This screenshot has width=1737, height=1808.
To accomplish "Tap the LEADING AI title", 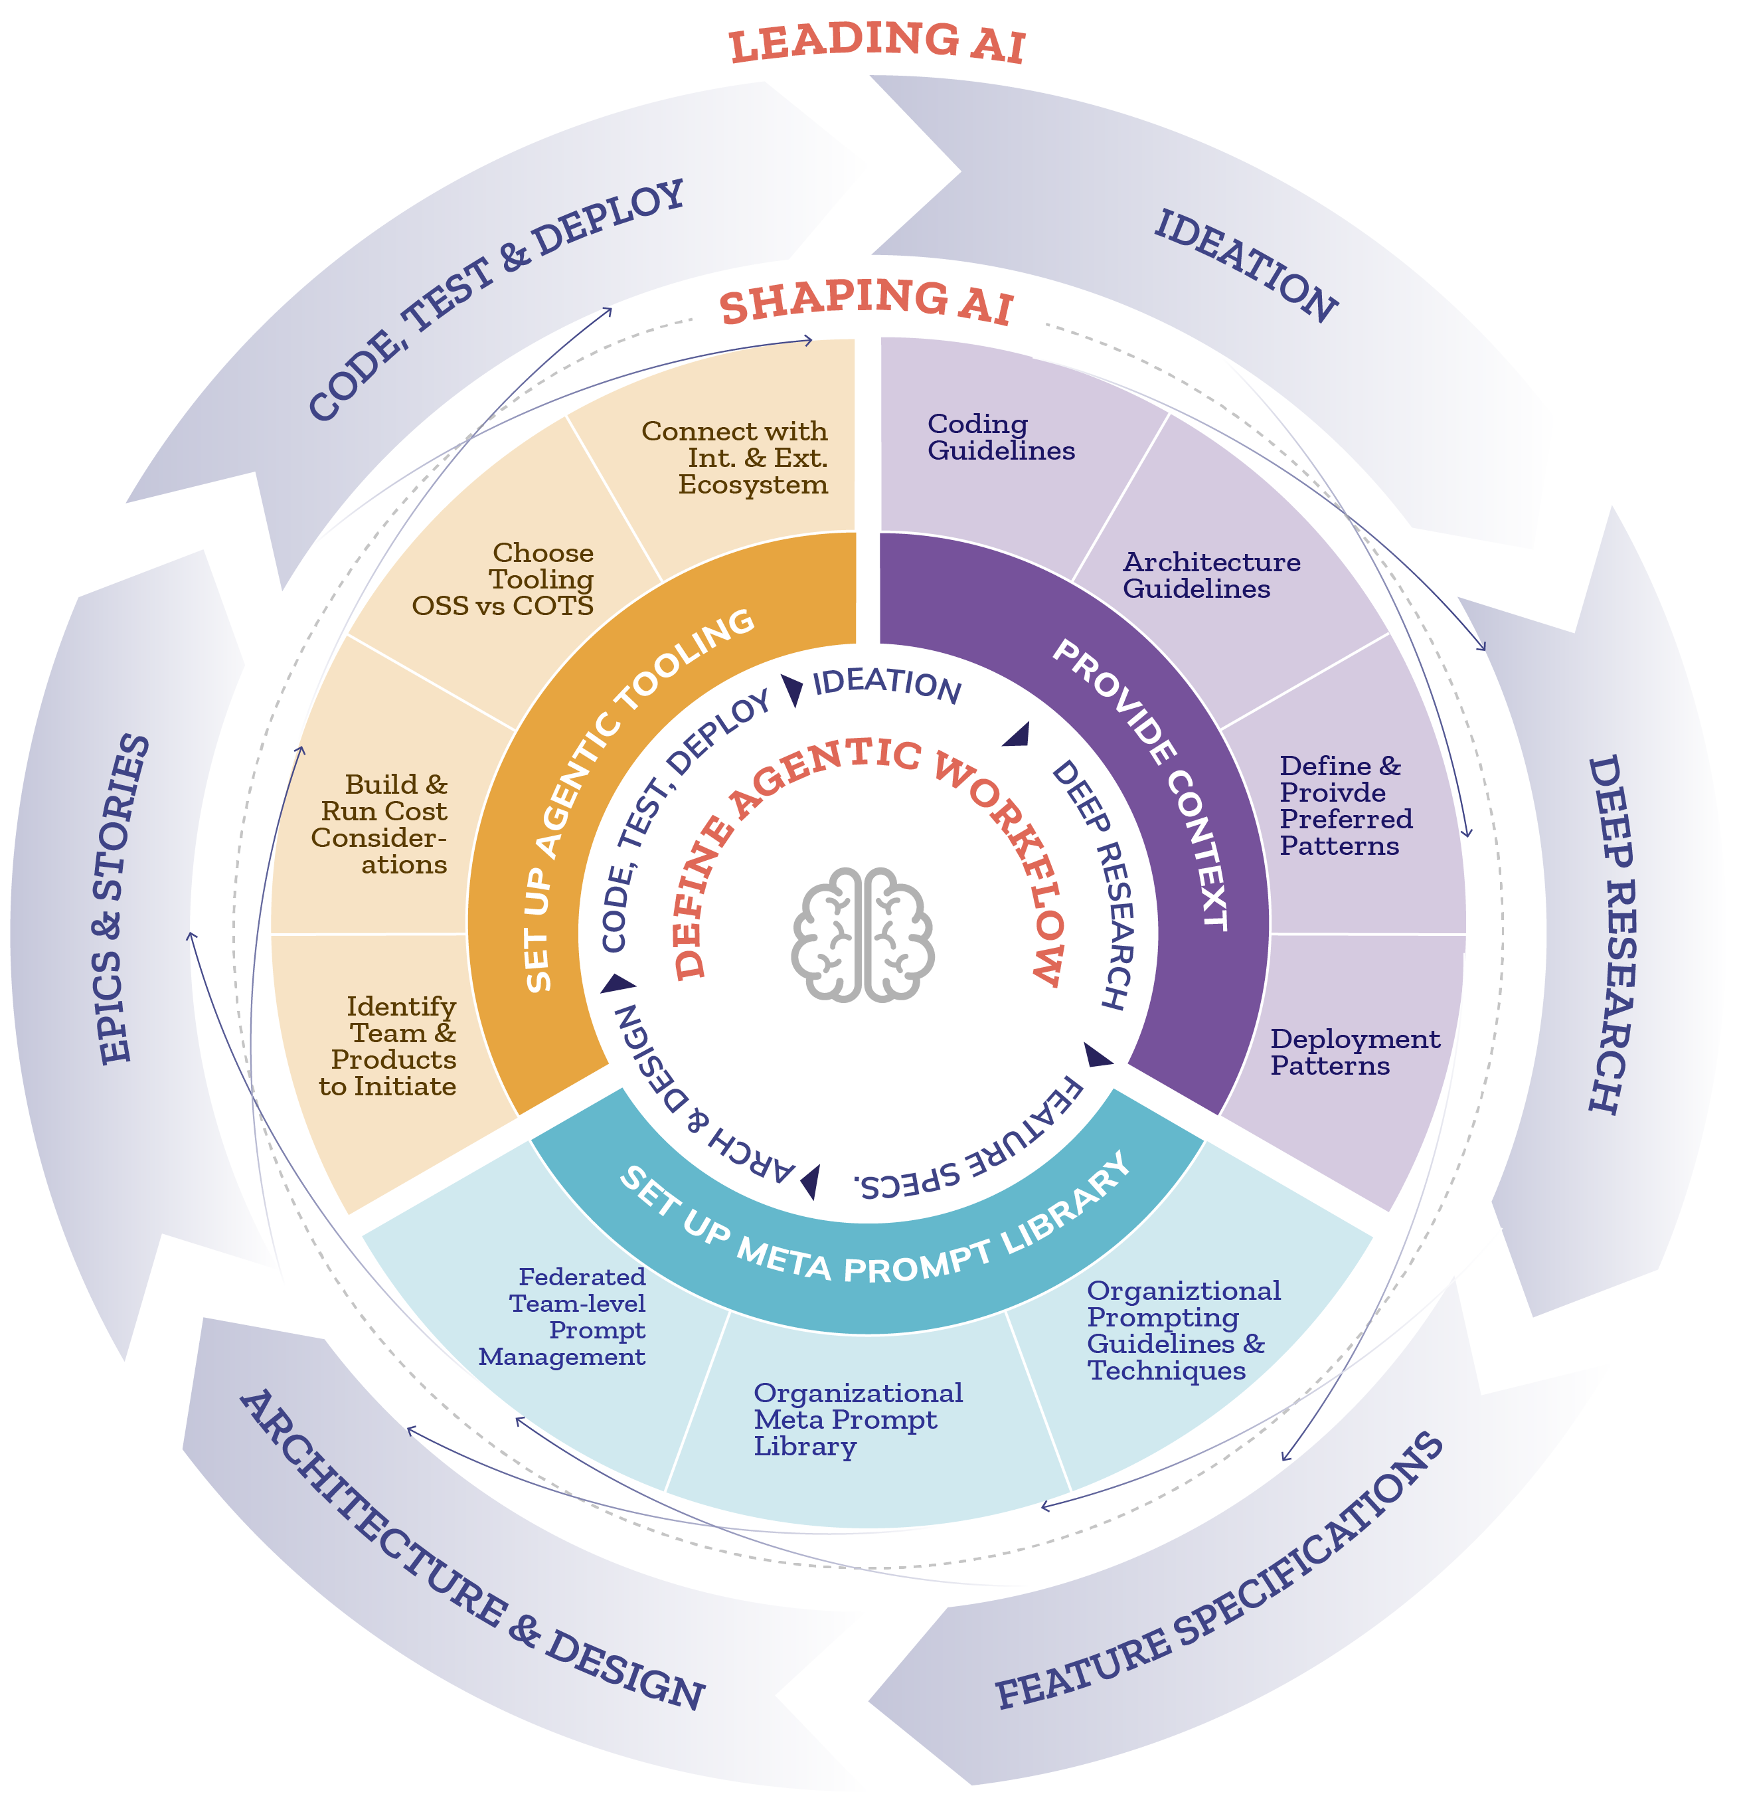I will click(x=876, y=43).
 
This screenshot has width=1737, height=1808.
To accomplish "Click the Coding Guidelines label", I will click(x=1001, y=437).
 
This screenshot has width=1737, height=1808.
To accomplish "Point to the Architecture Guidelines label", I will click(x=1210, y=576).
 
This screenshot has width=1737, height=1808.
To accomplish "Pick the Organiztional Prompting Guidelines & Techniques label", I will click(x=1183, y=1330).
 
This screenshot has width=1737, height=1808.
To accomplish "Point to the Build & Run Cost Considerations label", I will click(x=380, y=825).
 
